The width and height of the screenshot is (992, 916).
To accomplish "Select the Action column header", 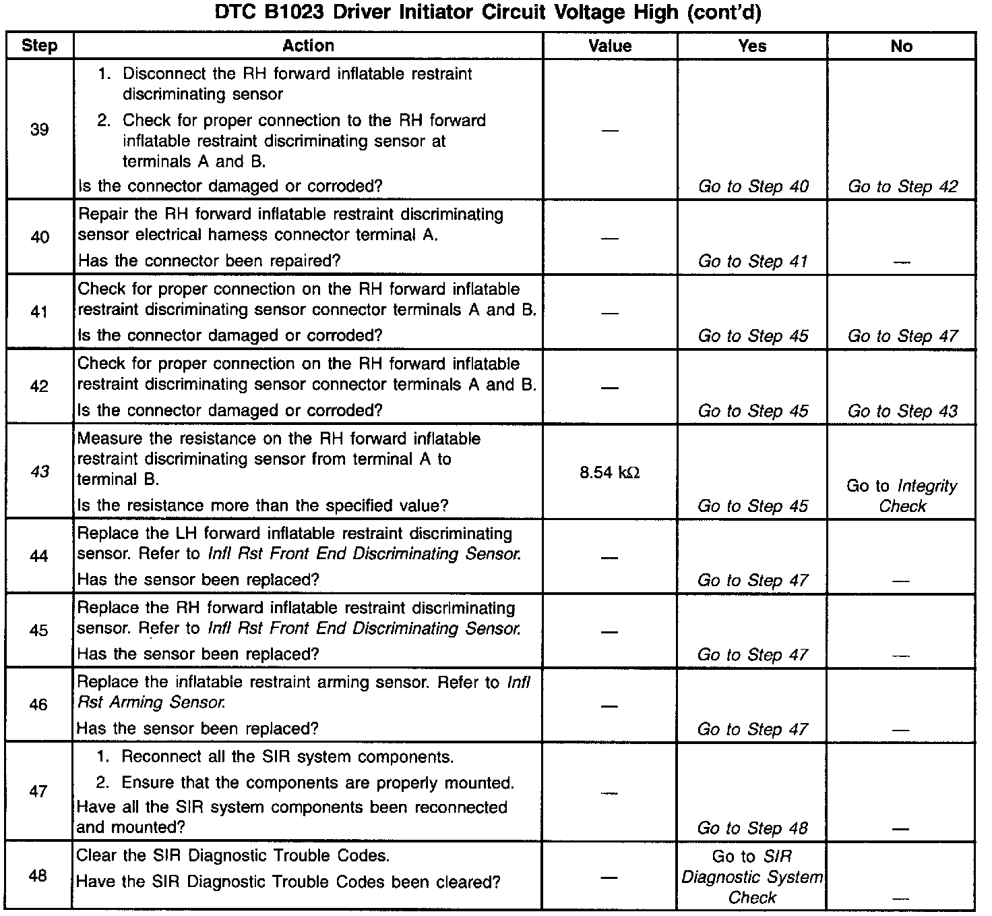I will click(x=308, y=46).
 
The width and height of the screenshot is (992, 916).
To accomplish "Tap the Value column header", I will click(x=610, y=46).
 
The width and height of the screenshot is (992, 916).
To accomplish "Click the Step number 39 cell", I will click(x=40, y=130).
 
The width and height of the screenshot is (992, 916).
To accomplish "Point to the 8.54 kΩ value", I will click(x=609, y=472).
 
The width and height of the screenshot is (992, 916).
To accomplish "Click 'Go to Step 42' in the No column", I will click(x=902, y=187).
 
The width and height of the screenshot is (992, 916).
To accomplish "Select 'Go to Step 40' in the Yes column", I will click(x=753, y=187).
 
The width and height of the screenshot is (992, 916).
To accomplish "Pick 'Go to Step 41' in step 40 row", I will click(x=753, y=262).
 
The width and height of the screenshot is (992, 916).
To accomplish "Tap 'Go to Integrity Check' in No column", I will click(x=902, y=496).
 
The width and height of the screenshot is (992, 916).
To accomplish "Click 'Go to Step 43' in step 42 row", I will click(x=902, y=411).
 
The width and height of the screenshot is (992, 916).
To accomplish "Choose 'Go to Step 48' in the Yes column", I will click(x=753, y=828).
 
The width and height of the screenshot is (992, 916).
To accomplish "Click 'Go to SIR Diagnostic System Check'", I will click(x=753, y=877).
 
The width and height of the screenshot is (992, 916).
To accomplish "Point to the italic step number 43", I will click(x=40, y=471).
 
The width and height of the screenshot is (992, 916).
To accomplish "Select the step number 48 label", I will click(x=38, y=876).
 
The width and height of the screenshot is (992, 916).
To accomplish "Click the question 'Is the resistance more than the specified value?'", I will click(x=263, y=506).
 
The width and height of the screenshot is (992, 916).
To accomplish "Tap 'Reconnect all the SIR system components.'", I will click(x=287, y=757).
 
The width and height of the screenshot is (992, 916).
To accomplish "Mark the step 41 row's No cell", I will click(x=902, y=337).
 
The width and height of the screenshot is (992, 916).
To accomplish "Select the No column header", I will click(x=902, y=46).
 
